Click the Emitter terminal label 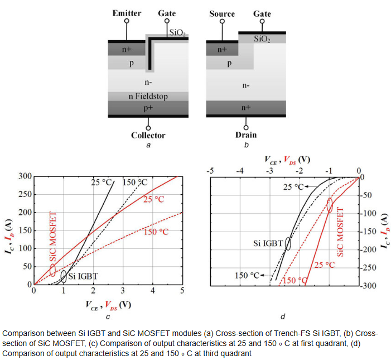point(127,13)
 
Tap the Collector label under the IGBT point(148,135)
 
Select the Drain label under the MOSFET point(245,135)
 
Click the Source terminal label point(222,13)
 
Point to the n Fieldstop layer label point(148,97)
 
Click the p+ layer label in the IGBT point(148,108)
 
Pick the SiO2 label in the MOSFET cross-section point(262,39)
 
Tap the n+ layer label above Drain point(246,108)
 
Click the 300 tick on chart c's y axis point(25,176)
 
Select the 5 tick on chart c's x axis point(182,291)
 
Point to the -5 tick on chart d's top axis point(210,170)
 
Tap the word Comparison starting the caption point(21,333)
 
